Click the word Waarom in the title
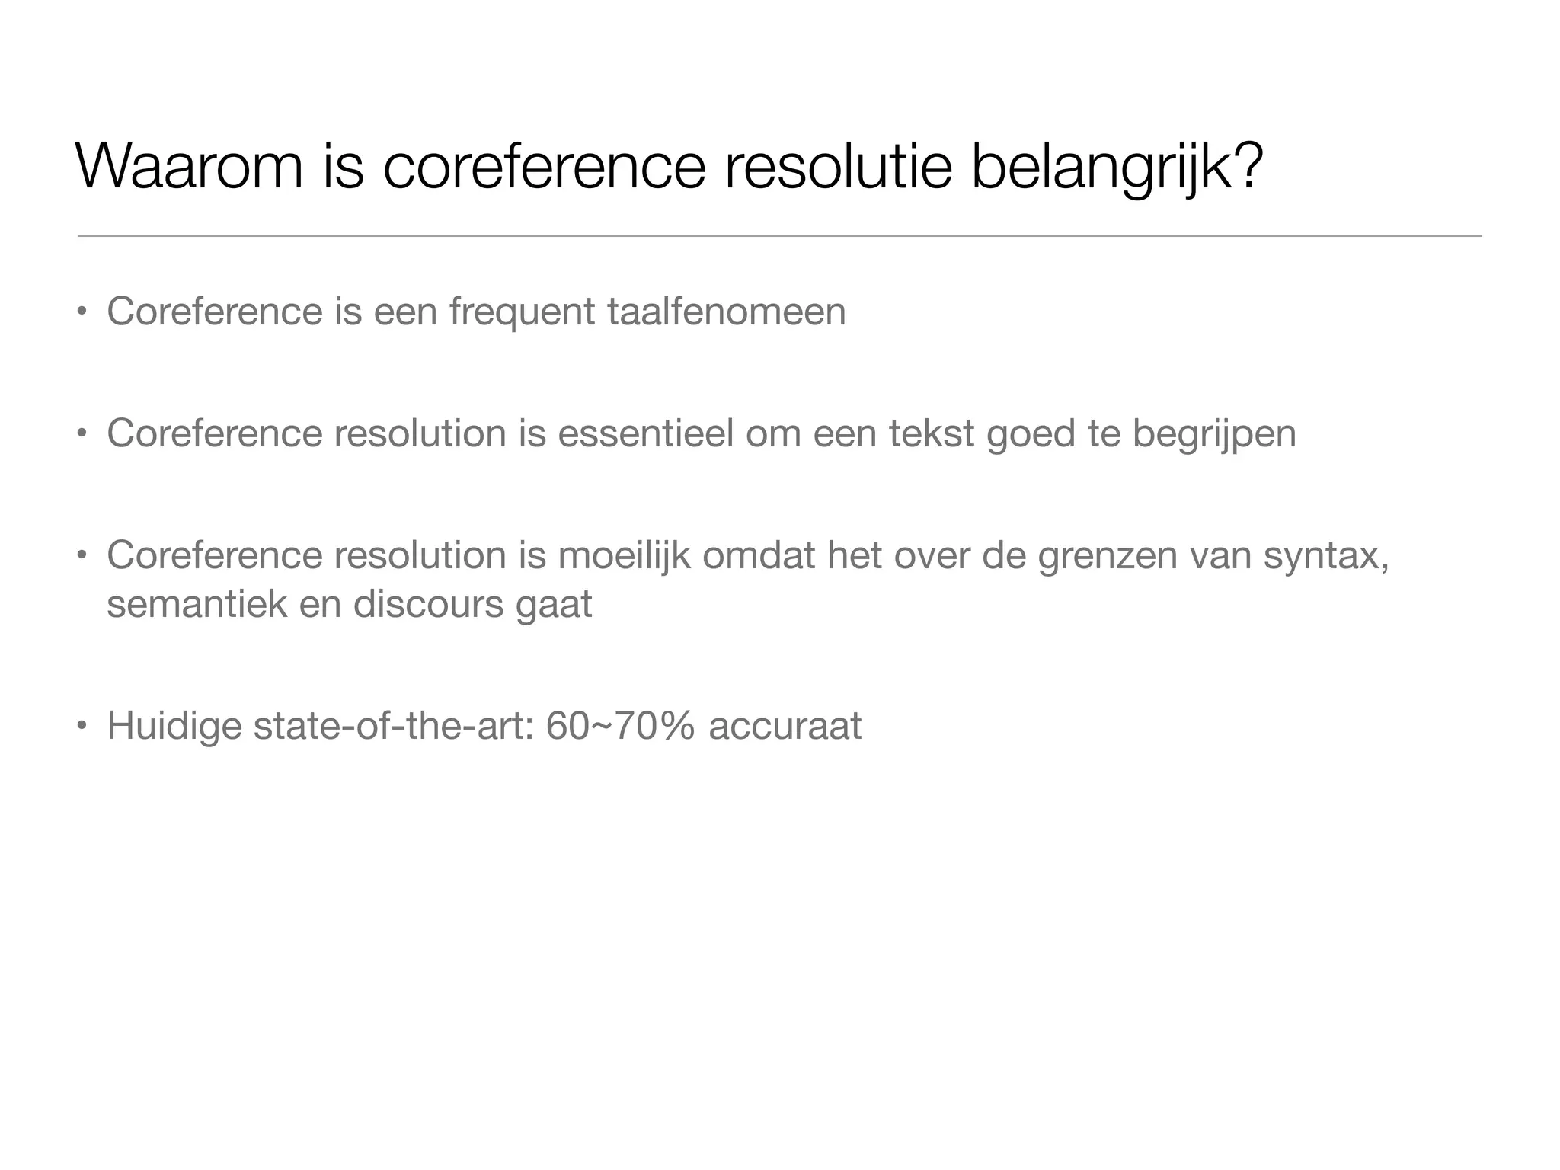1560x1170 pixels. [x=190, y=166]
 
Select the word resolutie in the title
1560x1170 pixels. [x=839, y=166]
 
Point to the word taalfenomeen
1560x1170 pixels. [x=726, y=312]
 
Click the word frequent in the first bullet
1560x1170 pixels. [x=522, y=312]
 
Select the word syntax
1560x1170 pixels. [x=1324, y=555]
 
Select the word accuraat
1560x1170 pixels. [x=785, y=726]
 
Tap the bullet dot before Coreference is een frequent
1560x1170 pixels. [x=81, y=312]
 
